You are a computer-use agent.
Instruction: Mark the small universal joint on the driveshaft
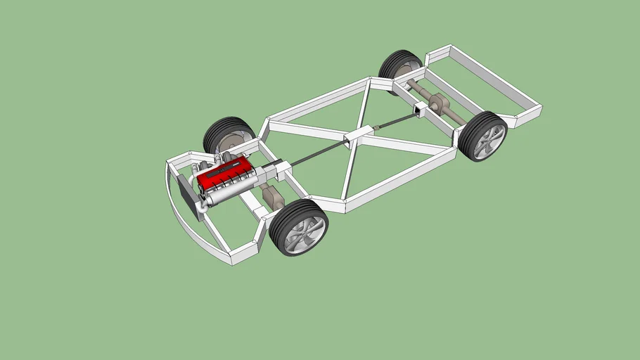tap(376, 127)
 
